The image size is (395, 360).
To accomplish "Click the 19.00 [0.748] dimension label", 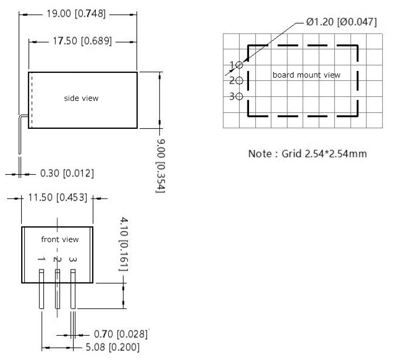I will (78, 14).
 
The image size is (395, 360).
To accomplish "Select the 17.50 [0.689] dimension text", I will (82, 41).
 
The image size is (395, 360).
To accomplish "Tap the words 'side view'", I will (81, 98).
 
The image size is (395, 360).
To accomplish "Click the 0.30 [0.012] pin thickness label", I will (67, 173).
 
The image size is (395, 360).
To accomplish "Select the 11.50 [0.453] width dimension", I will (57, 198).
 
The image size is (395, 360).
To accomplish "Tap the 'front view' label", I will (60, 239).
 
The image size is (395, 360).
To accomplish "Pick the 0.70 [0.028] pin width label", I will (121, 334).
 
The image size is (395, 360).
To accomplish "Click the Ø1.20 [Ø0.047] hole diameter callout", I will (341, 22).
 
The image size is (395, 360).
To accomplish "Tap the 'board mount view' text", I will (306, 75).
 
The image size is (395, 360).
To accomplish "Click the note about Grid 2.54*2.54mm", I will (308, 154).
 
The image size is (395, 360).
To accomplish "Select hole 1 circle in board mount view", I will (239, 65).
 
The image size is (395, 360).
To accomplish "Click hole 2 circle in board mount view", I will (239, 81).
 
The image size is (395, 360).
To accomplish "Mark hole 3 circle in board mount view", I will (239, 96).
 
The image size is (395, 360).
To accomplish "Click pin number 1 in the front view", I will (42, 259).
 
